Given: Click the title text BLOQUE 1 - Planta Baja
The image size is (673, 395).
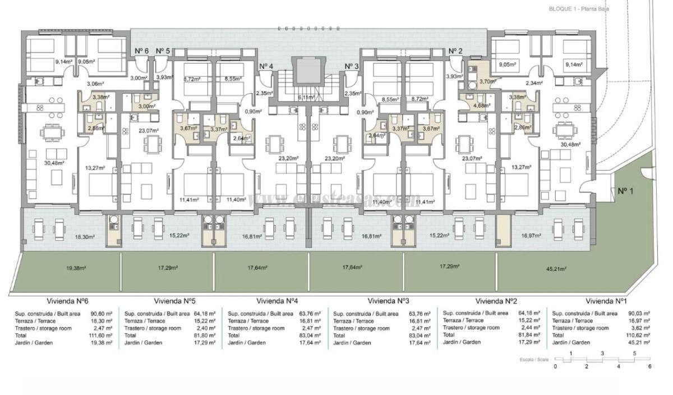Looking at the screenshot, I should [x=579, y=9].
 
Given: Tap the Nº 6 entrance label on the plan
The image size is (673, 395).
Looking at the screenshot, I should [x=141, y=51].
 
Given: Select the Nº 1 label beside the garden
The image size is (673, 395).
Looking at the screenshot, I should [x=625, y=191].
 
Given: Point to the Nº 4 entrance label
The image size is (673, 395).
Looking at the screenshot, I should [x=266, y=66].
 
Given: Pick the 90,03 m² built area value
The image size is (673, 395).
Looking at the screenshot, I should [x=640, y=314].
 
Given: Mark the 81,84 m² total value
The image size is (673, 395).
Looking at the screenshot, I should [x=530, y=334].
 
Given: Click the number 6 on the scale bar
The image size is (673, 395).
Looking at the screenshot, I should [x=649, y=366].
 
